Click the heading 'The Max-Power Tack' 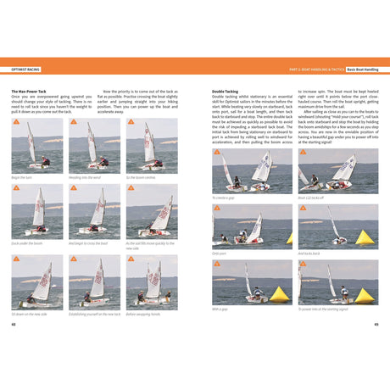pos(31,91)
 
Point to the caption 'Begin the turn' pos(22,177)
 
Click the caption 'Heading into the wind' pos(84,177)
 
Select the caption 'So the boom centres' pos(140,177)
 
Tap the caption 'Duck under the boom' pos(26,243)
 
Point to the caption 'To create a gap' pos(224,197)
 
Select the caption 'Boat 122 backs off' pos(312,197)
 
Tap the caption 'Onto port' pos(219,253)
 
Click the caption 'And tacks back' pos(309,253)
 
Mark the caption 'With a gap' pos(220,309)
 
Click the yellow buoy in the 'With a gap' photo pos(279,295)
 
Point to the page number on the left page pos(14,324)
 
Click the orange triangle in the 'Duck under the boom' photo pos(16,189)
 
